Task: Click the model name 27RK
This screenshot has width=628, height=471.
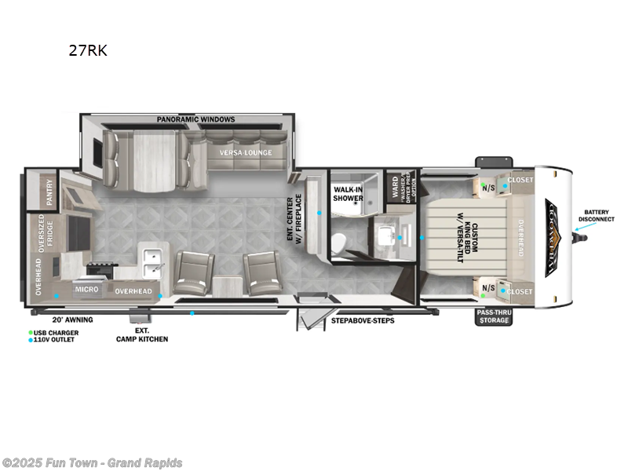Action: (x=89, y=52)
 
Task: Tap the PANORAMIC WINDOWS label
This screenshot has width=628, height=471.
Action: (x=195, y=119)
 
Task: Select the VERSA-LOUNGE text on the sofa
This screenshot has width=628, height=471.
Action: (x=246, y=152)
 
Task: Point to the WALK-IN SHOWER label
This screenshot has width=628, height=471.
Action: (x=348, y=193)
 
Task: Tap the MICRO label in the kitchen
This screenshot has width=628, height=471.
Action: (x=86, y=290)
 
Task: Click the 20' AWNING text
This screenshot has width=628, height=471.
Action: (x=72, y=320)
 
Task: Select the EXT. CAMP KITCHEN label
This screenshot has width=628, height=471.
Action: (x=142, y=335)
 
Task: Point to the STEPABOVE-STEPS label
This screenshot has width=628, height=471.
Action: (x=362, y=320)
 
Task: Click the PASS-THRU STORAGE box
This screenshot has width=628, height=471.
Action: (x=494, y=316)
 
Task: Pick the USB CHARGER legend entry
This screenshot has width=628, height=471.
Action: (x=57, y=332)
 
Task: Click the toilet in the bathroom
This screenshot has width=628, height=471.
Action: (x=338, y=244)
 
